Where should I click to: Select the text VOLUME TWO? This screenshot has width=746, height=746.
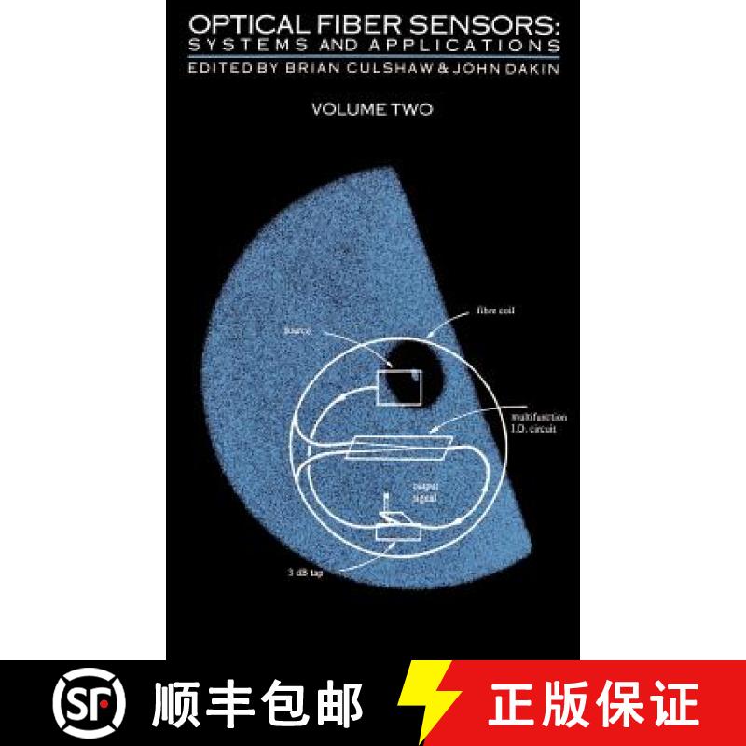(x=372, y=108)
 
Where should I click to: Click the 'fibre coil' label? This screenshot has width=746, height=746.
(x=493, y=312)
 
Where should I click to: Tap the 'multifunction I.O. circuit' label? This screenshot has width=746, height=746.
(x=532, y=423)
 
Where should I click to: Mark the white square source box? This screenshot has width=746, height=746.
(x=397, y=385)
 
